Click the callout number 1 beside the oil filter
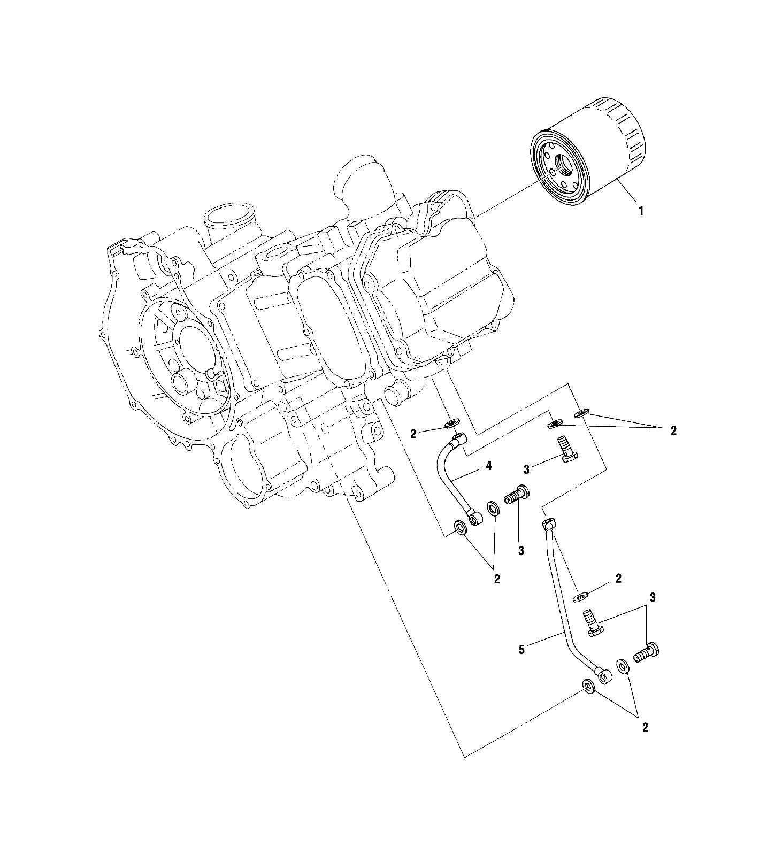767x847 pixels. (x=641, y=211)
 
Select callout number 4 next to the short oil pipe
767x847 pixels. (x=488, y=466)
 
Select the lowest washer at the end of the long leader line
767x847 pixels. (x=588, y=686)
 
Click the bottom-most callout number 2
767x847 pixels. (x=645, y=727)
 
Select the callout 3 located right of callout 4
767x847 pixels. (x=527, y=469)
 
